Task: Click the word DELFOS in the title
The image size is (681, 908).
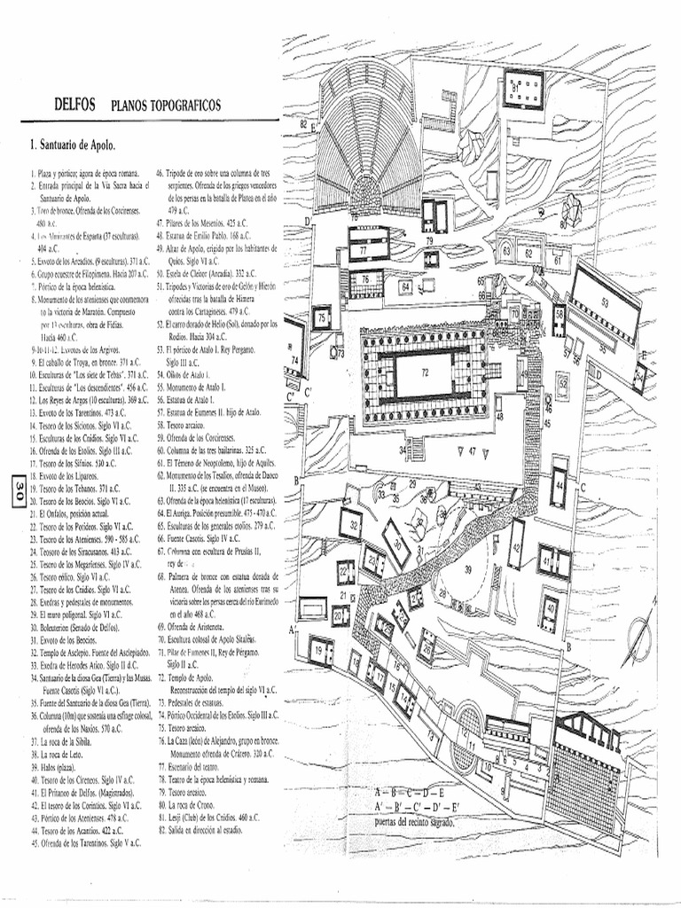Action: point(74,106)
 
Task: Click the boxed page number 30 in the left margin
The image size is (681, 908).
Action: point(15,491)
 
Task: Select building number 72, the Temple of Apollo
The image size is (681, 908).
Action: point(423,373)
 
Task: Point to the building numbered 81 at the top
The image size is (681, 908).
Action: point(523,89)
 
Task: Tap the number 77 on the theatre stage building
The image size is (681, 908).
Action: point(364,250)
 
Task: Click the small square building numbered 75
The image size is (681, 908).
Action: point(321,317)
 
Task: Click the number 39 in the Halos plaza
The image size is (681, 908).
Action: point(467,570)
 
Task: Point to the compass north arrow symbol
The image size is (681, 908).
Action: point(642,631)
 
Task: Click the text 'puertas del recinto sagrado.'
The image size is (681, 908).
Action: point(415,822)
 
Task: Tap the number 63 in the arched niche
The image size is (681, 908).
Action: point(506,252)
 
